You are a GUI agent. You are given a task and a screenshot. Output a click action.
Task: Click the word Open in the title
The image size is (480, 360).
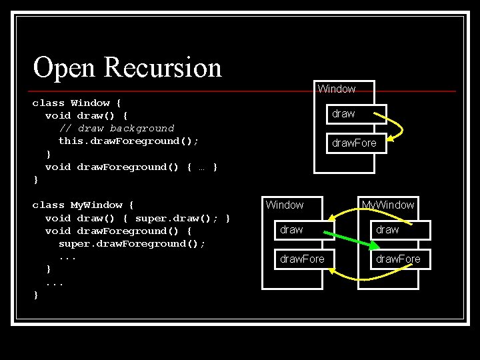(x=64, y=68)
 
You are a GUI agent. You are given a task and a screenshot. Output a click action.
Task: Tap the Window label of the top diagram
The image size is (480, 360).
(x=337, y=89)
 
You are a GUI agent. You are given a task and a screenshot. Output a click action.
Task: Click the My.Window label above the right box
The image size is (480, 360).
(x=389, y=205)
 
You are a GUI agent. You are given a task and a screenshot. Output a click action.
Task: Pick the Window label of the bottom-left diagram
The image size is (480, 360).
(x=285, y=205)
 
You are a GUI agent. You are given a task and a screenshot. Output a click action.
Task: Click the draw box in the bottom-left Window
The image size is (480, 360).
(x=291, y=229)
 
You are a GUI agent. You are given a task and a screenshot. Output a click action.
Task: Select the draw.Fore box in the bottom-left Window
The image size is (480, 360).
(x=302, y=259)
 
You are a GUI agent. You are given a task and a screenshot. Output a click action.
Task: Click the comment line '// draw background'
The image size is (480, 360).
(x=117, y=128)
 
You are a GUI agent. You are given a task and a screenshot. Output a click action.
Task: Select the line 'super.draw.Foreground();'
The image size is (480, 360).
(x=132, y=243)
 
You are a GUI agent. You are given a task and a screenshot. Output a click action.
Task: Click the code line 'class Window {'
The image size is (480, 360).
(x=77, y=103)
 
